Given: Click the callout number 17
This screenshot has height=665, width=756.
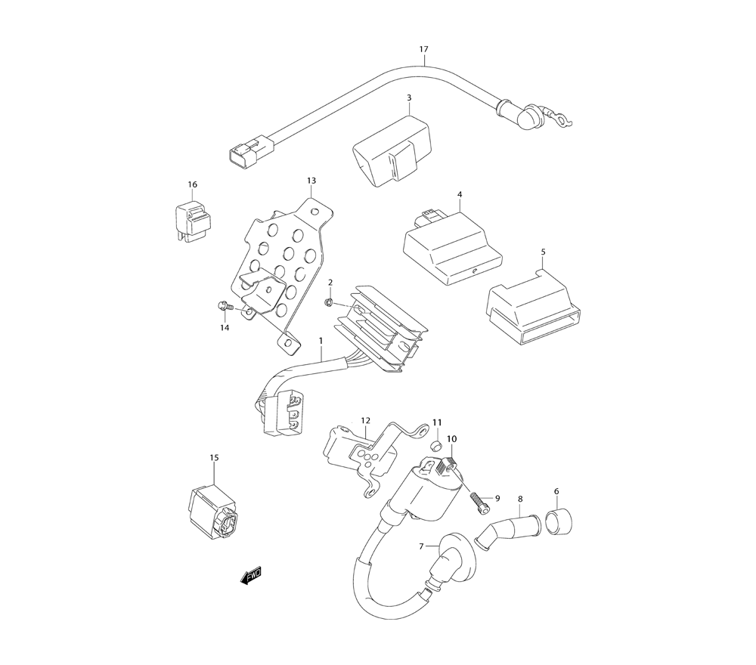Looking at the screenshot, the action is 423,49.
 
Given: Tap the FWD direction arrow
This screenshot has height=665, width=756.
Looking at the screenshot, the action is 251,575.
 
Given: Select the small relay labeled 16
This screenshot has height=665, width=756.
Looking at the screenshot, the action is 192,221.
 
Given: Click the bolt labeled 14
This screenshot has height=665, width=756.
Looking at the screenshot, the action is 225,305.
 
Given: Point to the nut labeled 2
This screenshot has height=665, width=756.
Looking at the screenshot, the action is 330,302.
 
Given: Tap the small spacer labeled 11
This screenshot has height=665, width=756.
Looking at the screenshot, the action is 437,445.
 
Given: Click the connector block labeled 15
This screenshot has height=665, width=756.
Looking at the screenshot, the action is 212,512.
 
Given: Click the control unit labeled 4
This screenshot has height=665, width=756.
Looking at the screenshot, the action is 452,246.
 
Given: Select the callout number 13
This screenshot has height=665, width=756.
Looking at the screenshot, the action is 311,181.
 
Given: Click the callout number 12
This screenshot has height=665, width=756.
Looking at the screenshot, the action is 365,421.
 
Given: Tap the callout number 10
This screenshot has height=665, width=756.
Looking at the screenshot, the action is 452,439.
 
